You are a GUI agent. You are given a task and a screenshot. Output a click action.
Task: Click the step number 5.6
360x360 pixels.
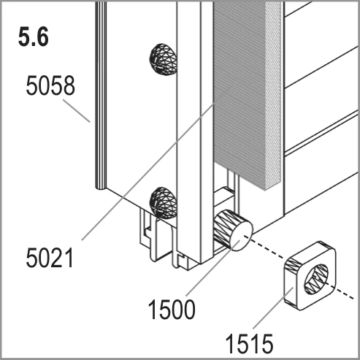(34, 37)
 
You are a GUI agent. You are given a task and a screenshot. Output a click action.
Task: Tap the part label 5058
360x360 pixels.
(50, 85)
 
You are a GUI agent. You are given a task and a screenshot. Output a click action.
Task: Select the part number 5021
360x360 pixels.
(50, 258)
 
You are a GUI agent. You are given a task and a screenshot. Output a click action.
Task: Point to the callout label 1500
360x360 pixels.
(172, 309)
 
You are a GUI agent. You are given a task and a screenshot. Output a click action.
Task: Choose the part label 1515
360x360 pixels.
(249, 344)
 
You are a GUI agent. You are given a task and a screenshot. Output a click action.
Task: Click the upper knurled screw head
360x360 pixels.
(163, 59)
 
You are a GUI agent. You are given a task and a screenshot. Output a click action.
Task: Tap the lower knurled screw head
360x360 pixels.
(163, 202)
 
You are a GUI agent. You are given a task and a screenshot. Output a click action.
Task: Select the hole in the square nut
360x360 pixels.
(316, 279)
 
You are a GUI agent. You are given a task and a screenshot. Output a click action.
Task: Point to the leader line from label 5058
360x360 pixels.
(77, 110)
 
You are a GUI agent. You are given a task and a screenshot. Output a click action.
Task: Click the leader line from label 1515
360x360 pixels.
(273, 308)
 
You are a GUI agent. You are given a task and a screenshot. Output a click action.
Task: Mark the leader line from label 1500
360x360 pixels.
(213, 268)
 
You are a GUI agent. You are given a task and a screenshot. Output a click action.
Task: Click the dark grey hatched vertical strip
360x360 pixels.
(240, 95)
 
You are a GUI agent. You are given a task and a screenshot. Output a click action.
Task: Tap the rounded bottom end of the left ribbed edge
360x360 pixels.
(101, 188)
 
